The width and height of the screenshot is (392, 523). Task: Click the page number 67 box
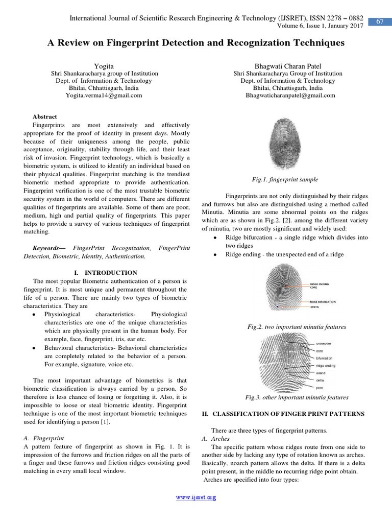coord(379,21)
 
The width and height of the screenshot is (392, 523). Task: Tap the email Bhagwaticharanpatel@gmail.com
coord(290,96)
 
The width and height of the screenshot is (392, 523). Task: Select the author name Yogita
coord(104,66)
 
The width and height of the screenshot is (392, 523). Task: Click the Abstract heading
coord(45,117)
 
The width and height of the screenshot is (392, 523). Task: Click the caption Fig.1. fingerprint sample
coord(285,179)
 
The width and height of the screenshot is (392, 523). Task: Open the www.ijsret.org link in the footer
coord(196,497)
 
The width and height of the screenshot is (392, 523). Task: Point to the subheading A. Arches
coord(215,439)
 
